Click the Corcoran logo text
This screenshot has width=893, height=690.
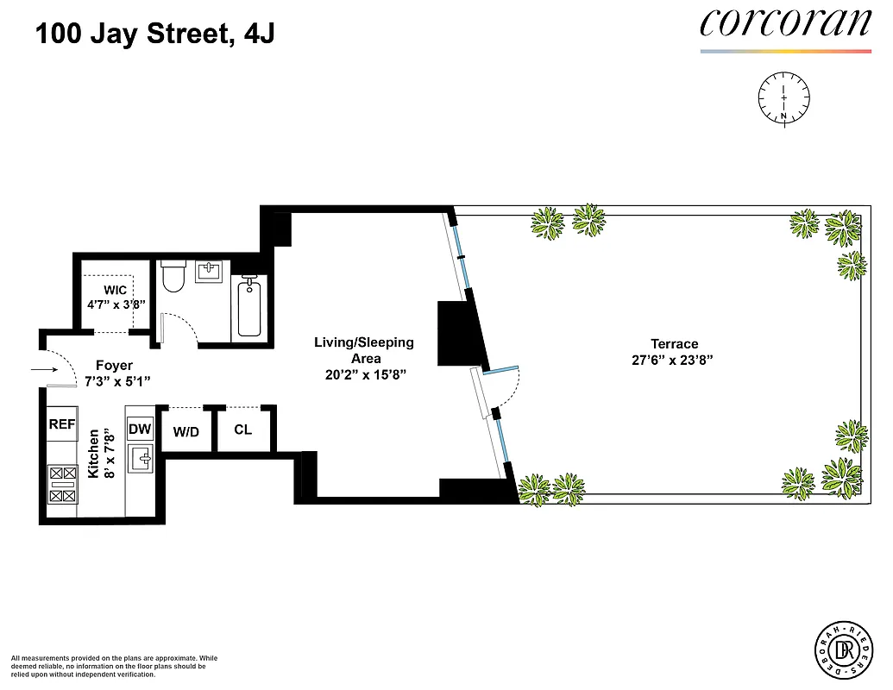(785, 22)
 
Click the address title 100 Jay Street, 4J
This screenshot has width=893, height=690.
(155, 35)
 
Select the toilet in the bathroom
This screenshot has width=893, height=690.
(173, 277)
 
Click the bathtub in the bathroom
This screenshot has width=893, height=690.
(248, 306)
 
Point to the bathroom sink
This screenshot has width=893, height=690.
(211, 273)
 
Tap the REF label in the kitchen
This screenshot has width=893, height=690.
(61, 424)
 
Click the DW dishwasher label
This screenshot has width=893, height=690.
(140, 429)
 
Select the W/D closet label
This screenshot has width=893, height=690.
(186, 432)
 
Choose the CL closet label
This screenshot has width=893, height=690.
(243, 429)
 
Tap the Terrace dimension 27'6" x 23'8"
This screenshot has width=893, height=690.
(675, 361)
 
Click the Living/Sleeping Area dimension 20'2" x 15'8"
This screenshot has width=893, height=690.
(363, 375)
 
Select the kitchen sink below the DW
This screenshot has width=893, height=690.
(140, 458)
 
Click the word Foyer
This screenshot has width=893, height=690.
(114, 366)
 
